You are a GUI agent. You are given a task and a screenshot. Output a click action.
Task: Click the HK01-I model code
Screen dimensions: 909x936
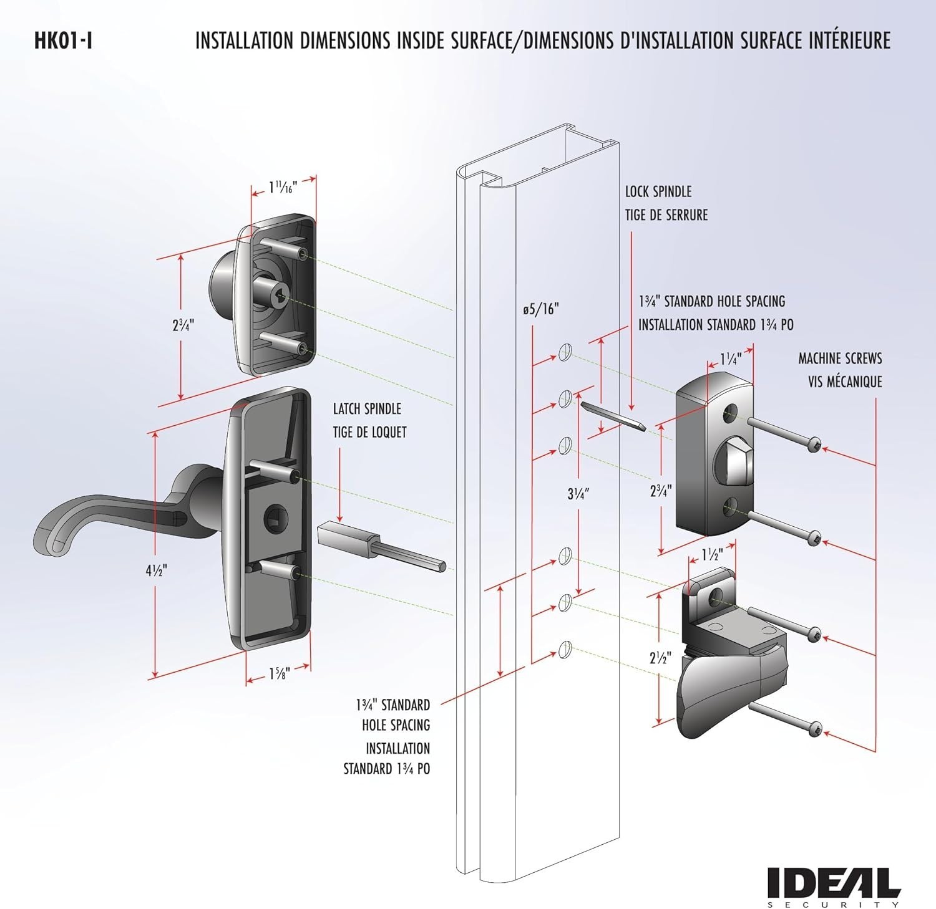coord(64,41)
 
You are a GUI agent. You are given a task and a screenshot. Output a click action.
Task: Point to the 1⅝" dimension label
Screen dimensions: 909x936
coord(279,674)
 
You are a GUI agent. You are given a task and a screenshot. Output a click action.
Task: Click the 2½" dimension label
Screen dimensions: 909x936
coord(660,658)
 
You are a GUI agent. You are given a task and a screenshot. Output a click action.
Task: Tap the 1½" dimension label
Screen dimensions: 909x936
coord(712,554)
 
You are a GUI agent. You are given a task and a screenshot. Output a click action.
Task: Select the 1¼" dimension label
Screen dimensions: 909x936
coord(730,359)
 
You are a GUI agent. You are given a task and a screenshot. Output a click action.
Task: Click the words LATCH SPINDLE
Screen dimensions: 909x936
coord(367,409)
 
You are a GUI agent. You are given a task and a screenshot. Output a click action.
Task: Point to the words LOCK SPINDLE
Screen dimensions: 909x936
coord(658,191)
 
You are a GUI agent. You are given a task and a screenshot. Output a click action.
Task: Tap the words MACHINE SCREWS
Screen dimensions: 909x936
coord(840,358)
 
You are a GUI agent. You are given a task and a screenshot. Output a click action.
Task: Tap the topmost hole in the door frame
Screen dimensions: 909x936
coord(565,351)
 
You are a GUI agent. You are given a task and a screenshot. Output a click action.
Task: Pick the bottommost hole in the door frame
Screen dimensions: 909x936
coord(565,648)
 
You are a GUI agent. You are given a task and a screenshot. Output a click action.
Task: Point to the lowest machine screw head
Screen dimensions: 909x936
coord(814,728)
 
